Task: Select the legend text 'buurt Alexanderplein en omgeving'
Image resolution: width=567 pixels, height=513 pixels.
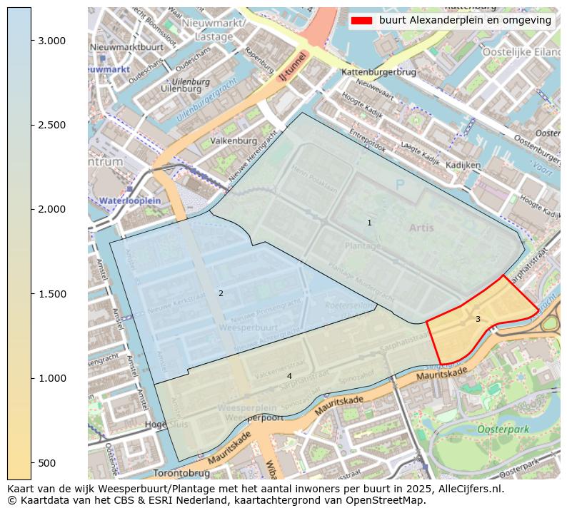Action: pos(465,21)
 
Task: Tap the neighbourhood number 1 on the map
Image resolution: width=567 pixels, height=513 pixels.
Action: pos(369,223)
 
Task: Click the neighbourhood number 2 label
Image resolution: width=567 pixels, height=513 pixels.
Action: pos(221,293)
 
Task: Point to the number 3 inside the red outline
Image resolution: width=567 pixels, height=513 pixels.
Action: pos(478,319)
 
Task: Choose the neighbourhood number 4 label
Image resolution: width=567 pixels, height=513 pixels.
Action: pos(289,376)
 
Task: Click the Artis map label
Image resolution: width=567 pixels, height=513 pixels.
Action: pos(421,228)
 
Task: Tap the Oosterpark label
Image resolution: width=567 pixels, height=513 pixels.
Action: pos(501,430)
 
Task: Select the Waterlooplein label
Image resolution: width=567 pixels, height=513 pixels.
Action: pos(130,201)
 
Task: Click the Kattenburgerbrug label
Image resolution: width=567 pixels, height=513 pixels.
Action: pos(378,73)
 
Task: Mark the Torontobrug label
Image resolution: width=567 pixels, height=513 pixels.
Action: pos(181,473)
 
